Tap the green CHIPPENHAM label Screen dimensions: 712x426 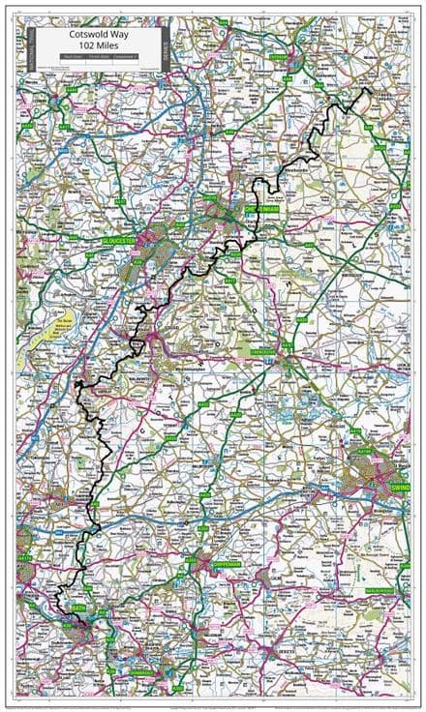(x=213, y=562)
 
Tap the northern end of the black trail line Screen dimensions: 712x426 (x=368, y=90)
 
